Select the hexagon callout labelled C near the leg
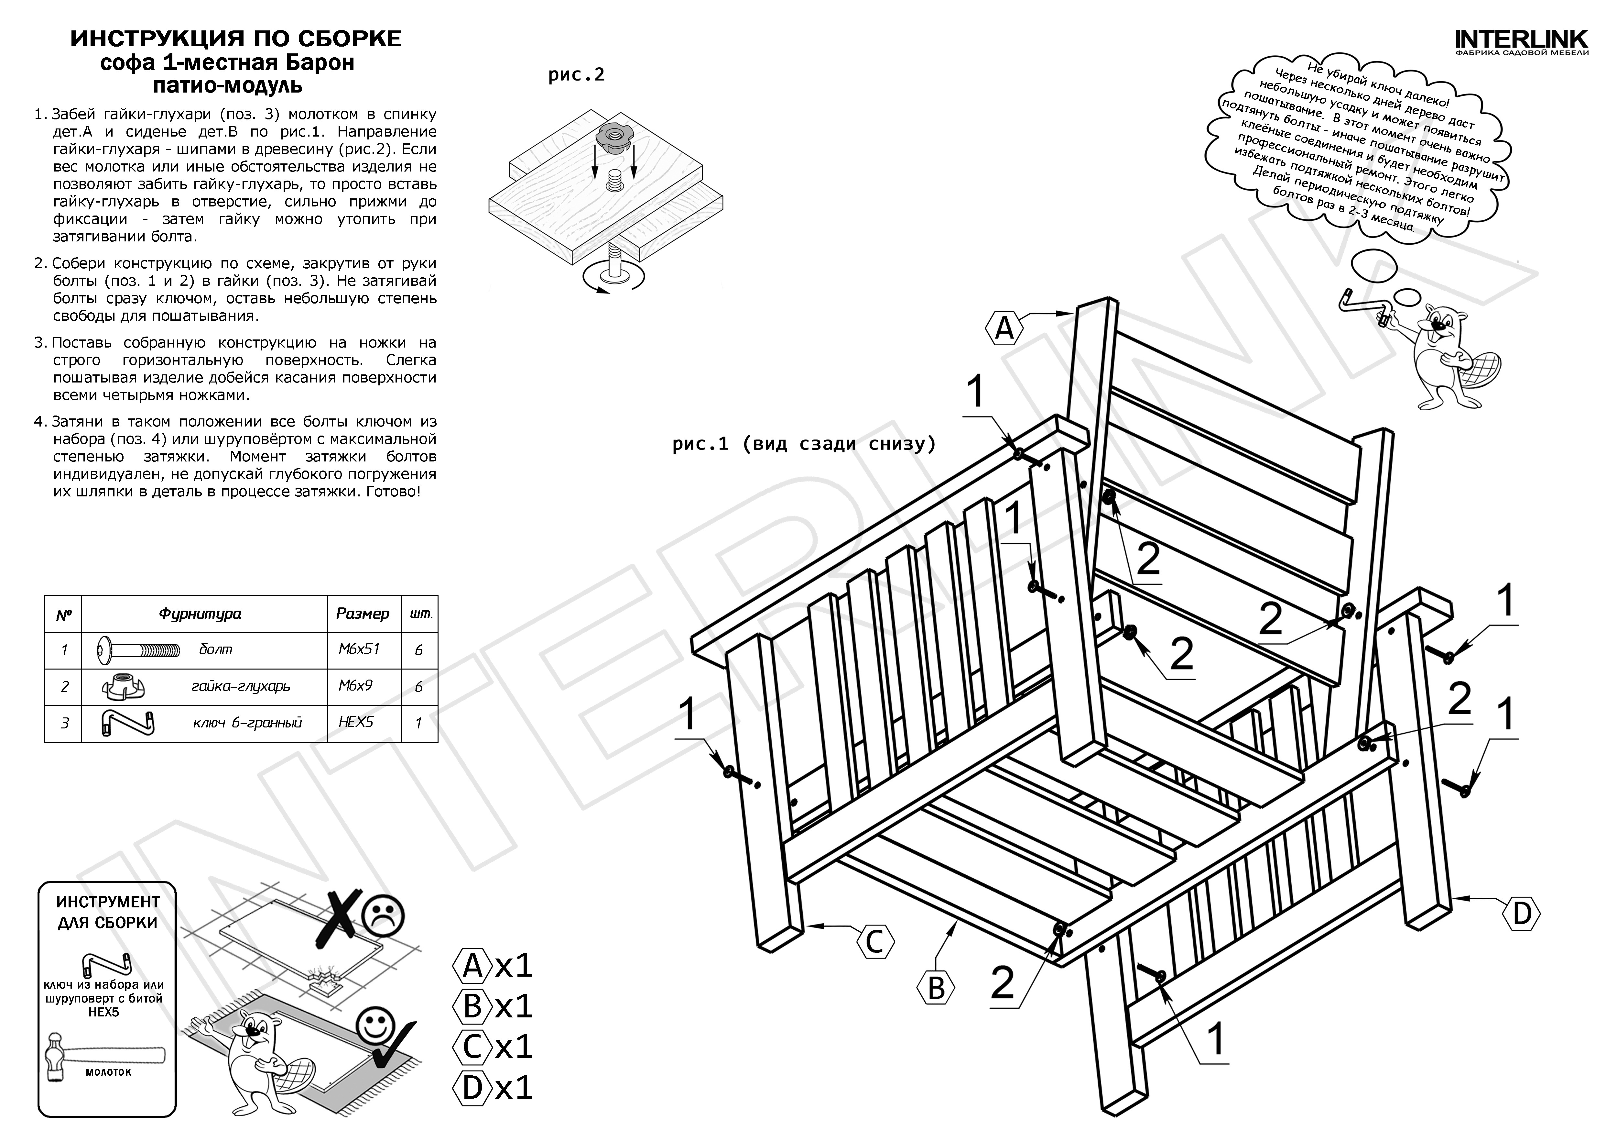click(x=875, y=942)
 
